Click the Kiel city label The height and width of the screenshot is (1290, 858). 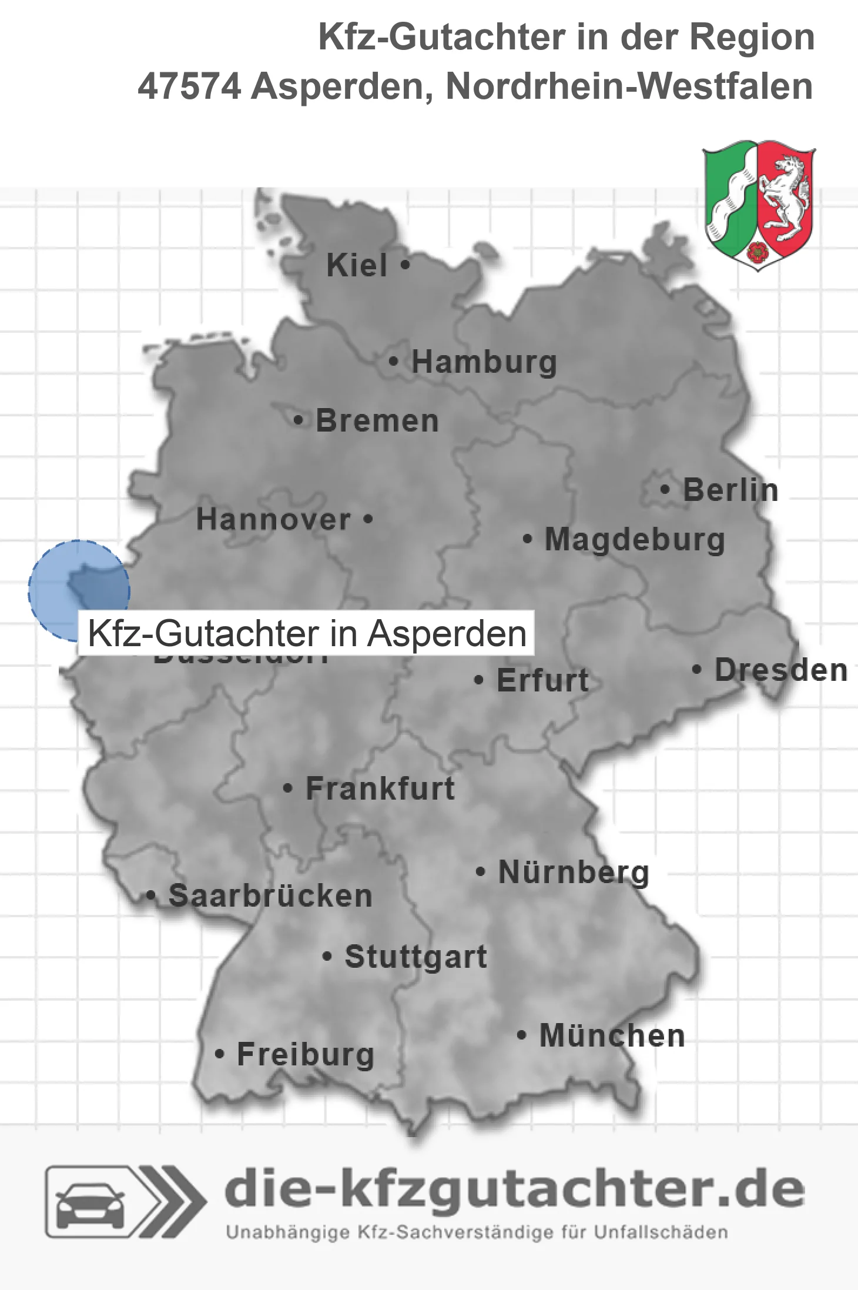357,265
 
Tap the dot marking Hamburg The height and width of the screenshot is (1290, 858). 394,361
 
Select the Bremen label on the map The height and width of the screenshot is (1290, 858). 377,421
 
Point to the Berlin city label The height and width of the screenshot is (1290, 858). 730,490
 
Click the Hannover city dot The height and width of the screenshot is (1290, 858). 368,519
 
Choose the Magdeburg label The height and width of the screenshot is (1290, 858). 635,540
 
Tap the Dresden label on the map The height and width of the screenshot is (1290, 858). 781,670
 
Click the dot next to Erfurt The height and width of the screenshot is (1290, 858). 478,680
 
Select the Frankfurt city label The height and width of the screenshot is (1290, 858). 380,788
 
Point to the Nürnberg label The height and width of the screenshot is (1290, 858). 574,872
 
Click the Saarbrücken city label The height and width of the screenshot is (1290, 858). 270,896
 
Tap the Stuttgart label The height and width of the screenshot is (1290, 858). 415,957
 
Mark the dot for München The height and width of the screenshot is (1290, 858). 521,1035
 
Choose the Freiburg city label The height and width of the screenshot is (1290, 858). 306,1054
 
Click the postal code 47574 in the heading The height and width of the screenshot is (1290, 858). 189,86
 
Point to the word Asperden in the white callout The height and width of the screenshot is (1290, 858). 447,634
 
